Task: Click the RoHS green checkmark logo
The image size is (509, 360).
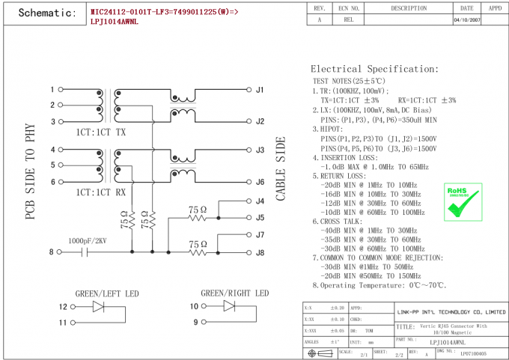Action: (x=463, y=200)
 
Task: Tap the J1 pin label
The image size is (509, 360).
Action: (x=260, y=90)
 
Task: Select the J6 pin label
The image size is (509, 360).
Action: (x=260, y=182)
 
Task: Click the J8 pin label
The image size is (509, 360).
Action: (x=260, y=252)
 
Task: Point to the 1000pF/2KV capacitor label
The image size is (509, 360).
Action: (x=88, y=241)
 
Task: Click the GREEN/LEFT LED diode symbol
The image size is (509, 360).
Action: (x=98, y=306)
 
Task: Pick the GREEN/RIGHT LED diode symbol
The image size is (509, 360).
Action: (x=229, y=306)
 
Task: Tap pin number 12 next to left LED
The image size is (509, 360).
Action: (x=63, y=306)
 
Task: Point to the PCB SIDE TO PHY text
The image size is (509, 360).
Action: (x=31, y=172)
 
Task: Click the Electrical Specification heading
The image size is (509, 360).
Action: (x=374, y=69)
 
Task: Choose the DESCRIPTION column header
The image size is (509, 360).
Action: (x=409, y=7)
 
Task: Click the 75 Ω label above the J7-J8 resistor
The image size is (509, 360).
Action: (x=197, y=244)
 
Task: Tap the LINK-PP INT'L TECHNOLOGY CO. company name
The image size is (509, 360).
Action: (x=451, y=311)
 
